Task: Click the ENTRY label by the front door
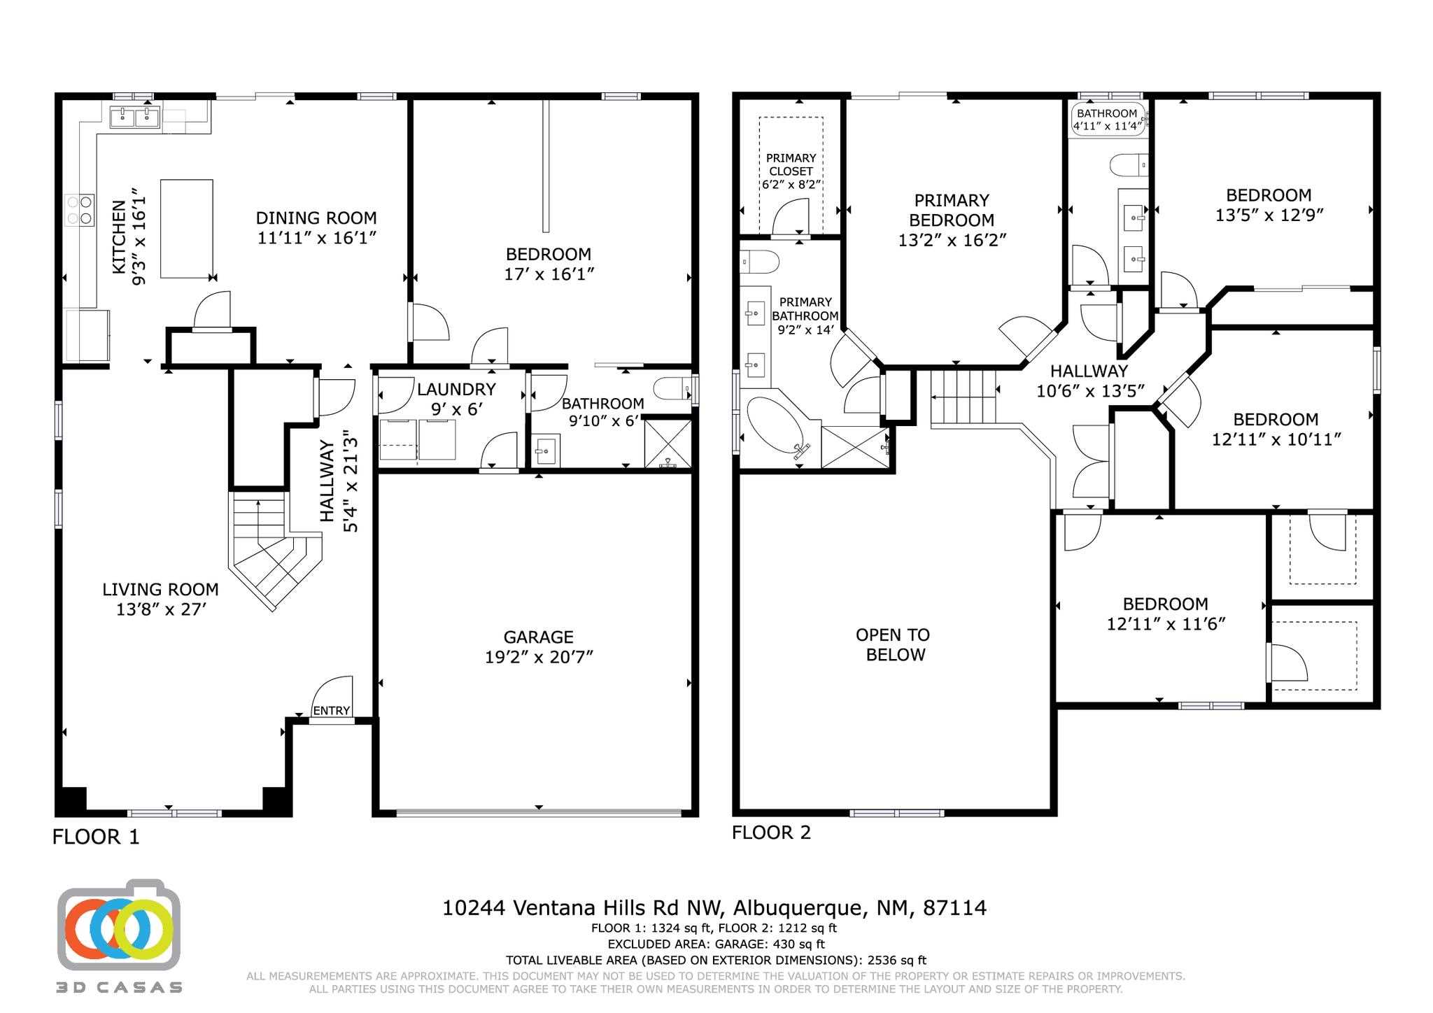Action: click(x=331, y=711)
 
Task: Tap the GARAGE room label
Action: click(x=538, y=637)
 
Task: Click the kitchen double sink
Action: click(x=134, y=116)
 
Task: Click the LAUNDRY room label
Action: click(x=456, y=390)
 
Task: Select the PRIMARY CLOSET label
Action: click(x=791, y=164)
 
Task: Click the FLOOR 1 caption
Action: click(x=96, y=837)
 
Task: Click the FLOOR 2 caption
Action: click(x=771, y=833)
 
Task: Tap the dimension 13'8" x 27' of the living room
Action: click(x=161, y=610)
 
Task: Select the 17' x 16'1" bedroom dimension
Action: click(x=549, y=274)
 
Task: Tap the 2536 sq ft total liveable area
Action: click(x=896, y=961)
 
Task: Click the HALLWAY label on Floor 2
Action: click(x=1089, y=371)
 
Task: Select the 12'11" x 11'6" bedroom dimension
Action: click(x=1166, y=624)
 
